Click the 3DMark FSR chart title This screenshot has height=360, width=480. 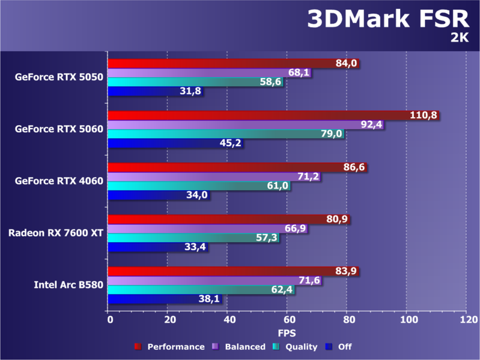[x=388, y=20]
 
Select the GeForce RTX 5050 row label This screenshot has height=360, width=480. [x=59, y=77]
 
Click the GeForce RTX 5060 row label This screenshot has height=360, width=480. [x=59, y=129]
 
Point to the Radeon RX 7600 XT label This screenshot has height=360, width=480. [x=55, y=233]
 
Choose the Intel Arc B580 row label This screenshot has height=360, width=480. [x=68, y=284]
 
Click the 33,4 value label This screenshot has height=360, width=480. [x=195, y=247]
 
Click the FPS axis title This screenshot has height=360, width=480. [x=287, y=332]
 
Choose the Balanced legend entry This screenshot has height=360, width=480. [x=243, y=347]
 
